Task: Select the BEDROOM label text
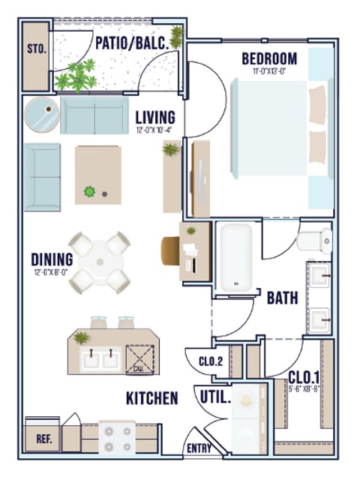[x=268, y=58]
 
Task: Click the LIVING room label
[x=155, y=117]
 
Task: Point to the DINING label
[x=52, y=259]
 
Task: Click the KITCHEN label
[x=152, y=397]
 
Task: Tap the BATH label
[x=283, y=298]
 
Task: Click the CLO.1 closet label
[x=304, y=376]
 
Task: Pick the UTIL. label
[x=215, y=395]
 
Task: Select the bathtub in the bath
[x=235, y=257]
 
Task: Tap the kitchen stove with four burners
[x=116, y=438]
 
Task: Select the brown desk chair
[x=172, y=248]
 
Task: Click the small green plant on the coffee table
[x=91, y=192]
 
